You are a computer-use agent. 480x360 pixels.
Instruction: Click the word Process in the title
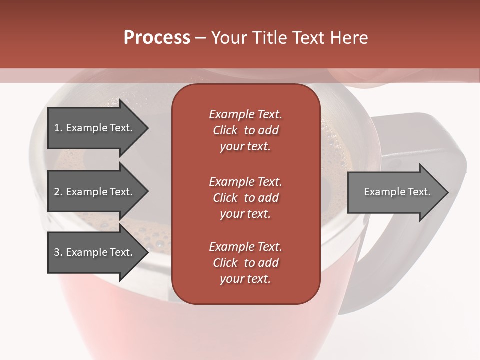[x=157, y=38]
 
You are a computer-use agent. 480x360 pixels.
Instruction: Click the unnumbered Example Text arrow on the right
[x=397, y=192]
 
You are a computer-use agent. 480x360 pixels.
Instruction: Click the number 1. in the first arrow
[x=58, y=128]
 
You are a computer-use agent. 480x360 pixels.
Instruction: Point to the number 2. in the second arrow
[x=58, y=192]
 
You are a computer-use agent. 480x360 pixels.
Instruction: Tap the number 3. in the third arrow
[x=58, y=252]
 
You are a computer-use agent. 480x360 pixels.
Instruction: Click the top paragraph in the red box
[x=245, y=130]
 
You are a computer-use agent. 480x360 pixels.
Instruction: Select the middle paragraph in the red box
[x=245, y=197]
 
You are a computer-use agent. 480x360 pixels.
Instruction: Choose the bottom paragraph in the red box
[x=245, y=263]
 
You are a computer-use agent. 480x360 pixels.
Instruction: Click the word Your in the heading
[x=228, y=38]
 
